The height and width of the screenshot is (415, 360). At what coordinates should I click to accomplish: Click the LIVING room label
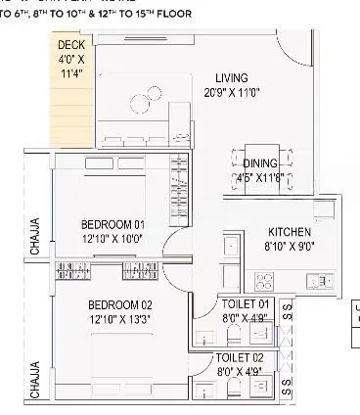(232, 77)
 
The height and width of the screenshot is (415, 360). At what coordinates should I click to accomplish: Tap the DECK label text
(70, 45)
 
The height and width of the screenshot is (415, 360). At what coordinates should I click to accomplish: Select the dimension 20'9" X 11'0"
(232, 91)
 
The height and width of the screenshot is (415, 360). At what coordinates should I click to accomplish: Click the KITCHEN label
(290, 232)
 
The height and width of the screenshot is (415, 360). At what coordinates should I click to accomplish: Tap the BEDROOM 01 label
(113, 224)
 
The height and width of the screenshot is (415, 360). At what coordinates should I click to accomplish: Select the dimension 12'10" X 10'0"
(113, 238)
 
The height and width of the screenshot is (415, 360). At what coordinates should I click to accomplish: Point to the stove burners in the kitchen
(263, 280)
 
